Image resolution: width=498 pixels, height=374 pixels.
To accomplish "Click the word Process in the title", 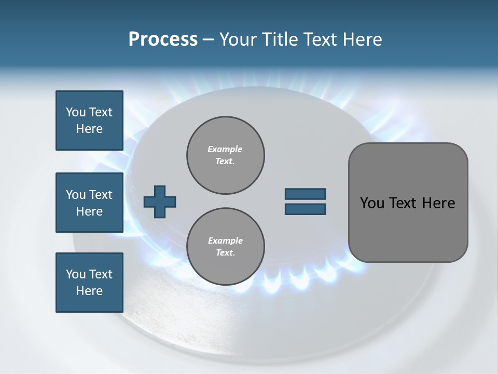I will tap(163, 39).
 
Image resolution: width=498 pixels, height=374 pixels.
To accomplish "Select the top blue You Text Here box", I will tap(89, 121).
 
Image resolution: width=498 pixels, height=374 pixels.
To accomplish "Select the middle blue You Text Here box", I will tap(89, 203).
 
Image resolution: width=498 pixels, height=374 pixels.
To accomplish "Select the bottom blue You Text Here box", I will tap(89, 283).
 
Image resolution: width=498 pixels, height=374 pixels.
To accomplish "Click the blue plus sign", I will tap(160, 202).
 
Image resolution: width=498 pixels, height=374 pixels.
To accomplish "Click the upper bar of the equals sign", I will tap(305, 194).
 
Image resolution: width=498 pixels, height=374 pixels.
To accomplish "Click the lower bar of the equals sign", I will tap(305, 209).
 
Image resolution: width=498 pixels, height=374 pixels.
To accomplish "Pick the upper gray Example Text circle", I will tap(226, 155).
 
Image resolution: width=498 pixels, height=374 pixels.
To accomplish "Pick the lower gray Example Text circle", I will tap(226, 247).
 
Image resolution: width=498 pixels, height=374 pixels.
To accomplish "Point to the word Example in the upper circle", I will tap(225, 149).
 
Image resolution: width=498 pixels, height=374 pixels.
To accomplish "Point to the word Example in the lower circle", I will tap(225, 241).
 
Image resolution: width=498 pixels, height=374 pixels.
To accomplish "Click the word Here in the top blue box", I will tap(89, 129).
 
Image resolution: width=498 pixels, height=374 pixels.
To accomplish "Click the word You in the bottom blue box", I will tap(76, 274).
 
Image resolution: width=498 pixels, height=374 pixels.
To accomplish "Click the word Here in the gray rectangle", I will tap(438, 203).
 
